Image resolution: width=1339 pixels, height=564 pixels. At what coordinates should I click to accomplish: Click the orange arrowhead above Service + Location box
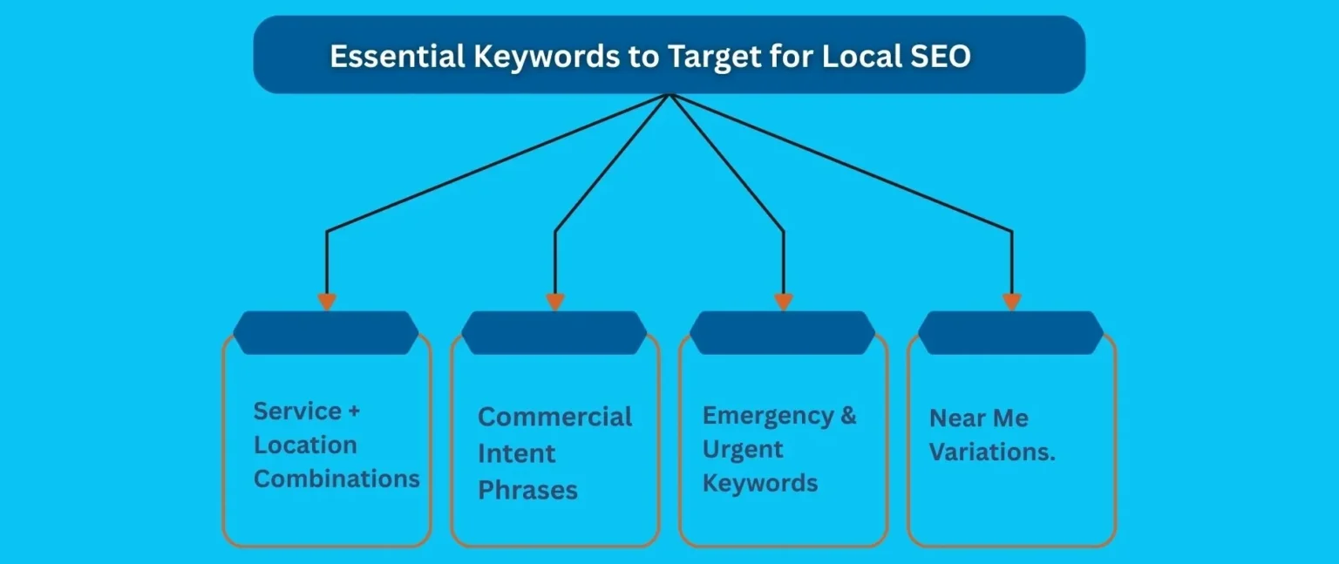[327, 302]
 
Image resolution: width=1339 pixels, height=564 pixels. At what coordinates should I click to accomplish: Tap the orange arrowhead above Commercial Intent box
[555, 302]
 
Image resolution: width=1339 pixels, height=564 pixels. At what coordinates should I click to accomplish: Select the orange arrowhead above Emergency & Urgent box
[784, 302]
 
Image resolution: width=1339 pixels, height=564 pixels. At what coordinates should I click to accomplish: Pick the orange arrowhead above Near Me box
[1011, 302]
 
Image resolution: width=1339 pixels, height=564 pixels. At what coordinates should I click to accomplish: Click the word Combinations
[336, 479]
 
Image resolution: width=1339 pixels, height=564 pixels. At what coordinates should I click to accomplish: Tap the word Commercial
[554, 417]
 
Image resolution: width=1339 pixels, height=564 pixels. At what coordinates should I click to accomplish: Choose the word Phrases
[527, 490]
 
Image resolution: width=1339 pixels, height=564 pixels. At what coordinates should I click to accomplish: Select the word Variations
[992, 453]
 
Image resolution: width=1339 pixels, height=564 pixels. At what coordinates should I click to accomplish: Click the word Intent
[516, 453]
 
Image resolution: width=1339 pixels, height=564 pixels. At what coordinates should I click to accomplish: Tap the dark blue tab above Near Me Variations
[1011, 333]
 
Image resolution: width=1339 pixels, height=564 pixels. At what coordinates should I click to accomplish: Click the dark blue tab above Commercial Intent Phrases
[554, 333]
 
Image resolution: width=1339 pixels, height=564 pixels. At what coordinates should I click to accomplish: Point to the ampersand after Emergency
[848, 415]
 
